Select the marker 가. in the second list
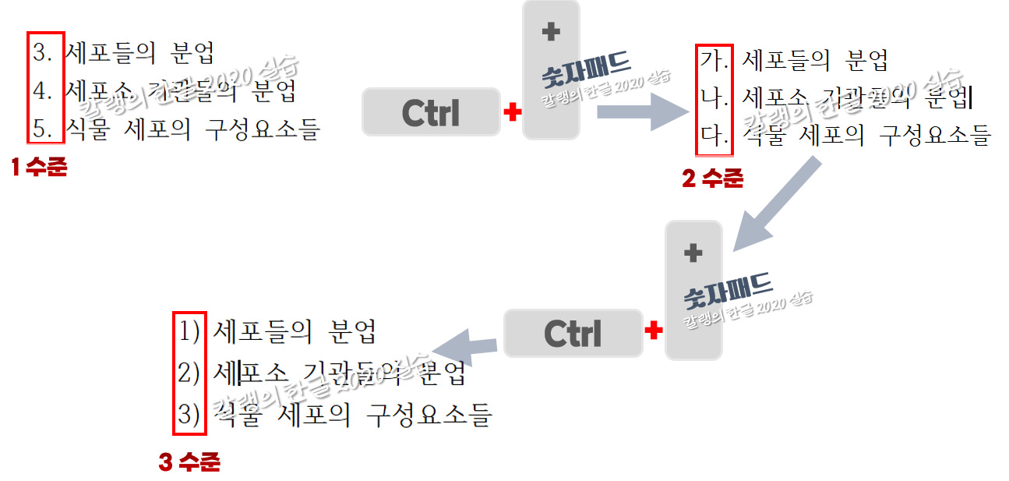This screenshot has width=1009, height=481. point(712,59)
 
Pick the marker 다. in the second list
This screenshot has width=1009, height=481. point(712,136)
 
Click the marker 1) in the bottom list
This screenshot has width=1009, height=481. point(189,332)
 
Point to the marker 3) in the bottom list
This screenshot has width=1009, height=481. point(189,413)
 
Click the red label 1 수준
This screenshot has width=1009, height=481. point(39,167)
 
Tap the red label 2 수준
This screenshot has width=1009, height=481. point(712,179)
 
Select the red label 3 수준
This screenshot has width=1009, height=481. point(189,463)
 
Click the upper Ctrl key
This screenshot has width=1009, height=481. point(431,112)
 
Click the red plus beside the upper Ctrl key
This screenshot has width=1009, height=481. point(512,113)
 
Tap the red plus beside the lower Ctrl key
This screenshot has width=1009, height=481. point(654,331)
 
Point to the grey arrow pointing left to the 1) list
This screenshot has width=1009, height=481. point(465,345)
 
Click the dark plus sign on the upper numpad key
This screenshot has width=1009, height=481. point(551,32)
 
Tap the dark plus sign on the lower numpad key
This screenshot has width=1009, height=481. point(693,253)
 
